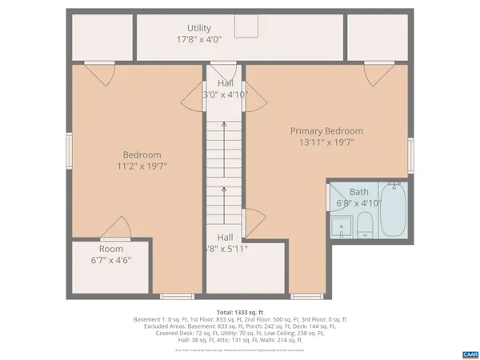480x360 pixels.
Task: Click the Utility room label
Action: point(199,28)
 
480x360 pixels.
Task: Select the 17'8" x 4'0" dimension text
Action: point(199,39)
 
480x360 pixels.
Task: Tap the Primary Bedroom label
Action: point(326,131)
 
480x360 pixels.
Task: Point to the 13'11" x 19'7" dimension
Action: point(326,143)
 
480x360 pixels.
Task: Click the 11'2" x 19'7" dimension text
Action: point(142,166)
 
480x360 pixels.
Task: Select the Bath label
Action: point(359,192)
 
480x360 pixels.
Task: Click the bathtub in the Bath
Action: point(393,210)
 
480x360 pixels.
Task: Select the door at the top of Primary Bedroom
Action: point(374,75)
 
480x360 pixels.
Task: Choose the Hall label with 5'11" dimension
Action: point(225,238)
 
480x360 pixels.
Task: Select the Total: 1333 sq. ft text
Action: point(240,311)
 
